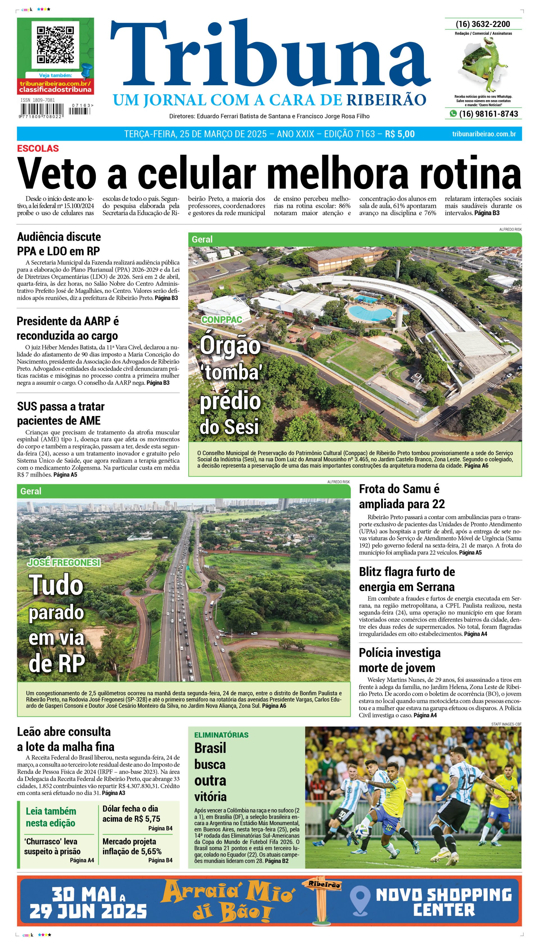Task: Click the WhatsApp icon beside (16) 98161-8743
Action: coord(453,114)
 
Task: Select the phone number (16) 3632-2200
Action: coord(483,24)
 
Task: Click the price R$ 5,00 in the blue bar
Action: coord(400,134)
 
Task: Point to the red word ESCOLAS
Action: coord(38,149)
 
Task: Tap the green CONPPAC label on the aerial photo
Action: coord(221,319)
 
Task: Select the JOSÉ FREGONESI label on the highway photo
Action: coord(64,562)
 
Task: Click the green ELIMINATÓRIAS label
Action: coord(221,735)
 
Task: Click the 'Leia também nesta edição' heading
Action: coord(51,817)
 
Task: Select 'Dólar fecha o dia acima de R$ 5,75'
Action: coord(131,814)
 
